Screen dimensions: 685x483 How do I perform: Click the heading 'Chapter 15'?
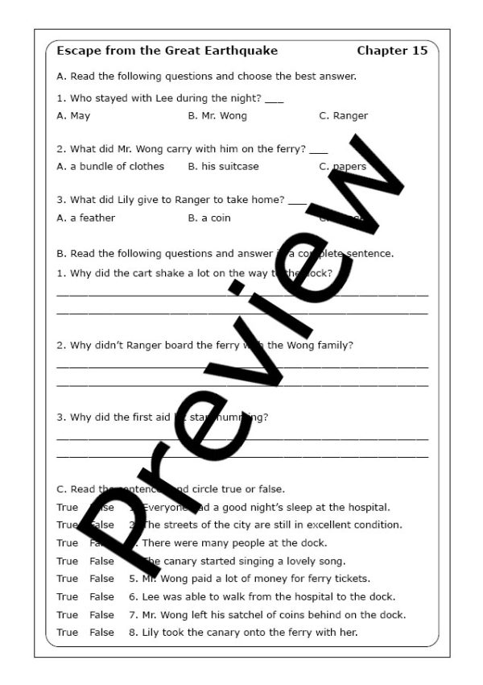click(392, 51)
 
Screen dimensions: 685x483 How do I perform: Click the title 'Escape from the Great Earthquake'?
click(167, 51)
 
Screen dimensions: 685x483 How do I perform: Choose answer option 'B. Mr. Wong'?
click(217, 116)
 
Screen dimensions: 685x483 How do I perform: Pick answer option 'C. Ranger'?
click(343, 116)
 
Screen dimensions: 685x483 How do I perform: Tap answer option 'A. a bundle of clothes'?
click(110, 167)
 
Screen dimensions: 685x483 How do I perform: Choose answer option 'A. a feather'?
click(86, 218)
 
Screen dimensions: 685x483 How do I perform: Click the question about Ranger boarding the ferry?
click(205, 346)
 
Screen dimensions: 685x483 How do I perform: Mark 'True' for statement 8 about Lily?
click(68, 633)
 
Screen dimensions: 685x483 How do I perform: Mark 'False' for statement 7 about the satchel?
click(102, 615)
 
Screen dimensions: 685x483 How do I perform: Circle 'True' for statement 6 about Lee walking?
click(68, 597)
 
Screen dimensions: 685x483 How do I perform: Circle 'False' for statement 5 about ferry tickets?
click(102, 579)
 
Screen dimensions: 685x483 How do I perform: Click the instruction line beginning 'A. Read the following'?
click(207, 77)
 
